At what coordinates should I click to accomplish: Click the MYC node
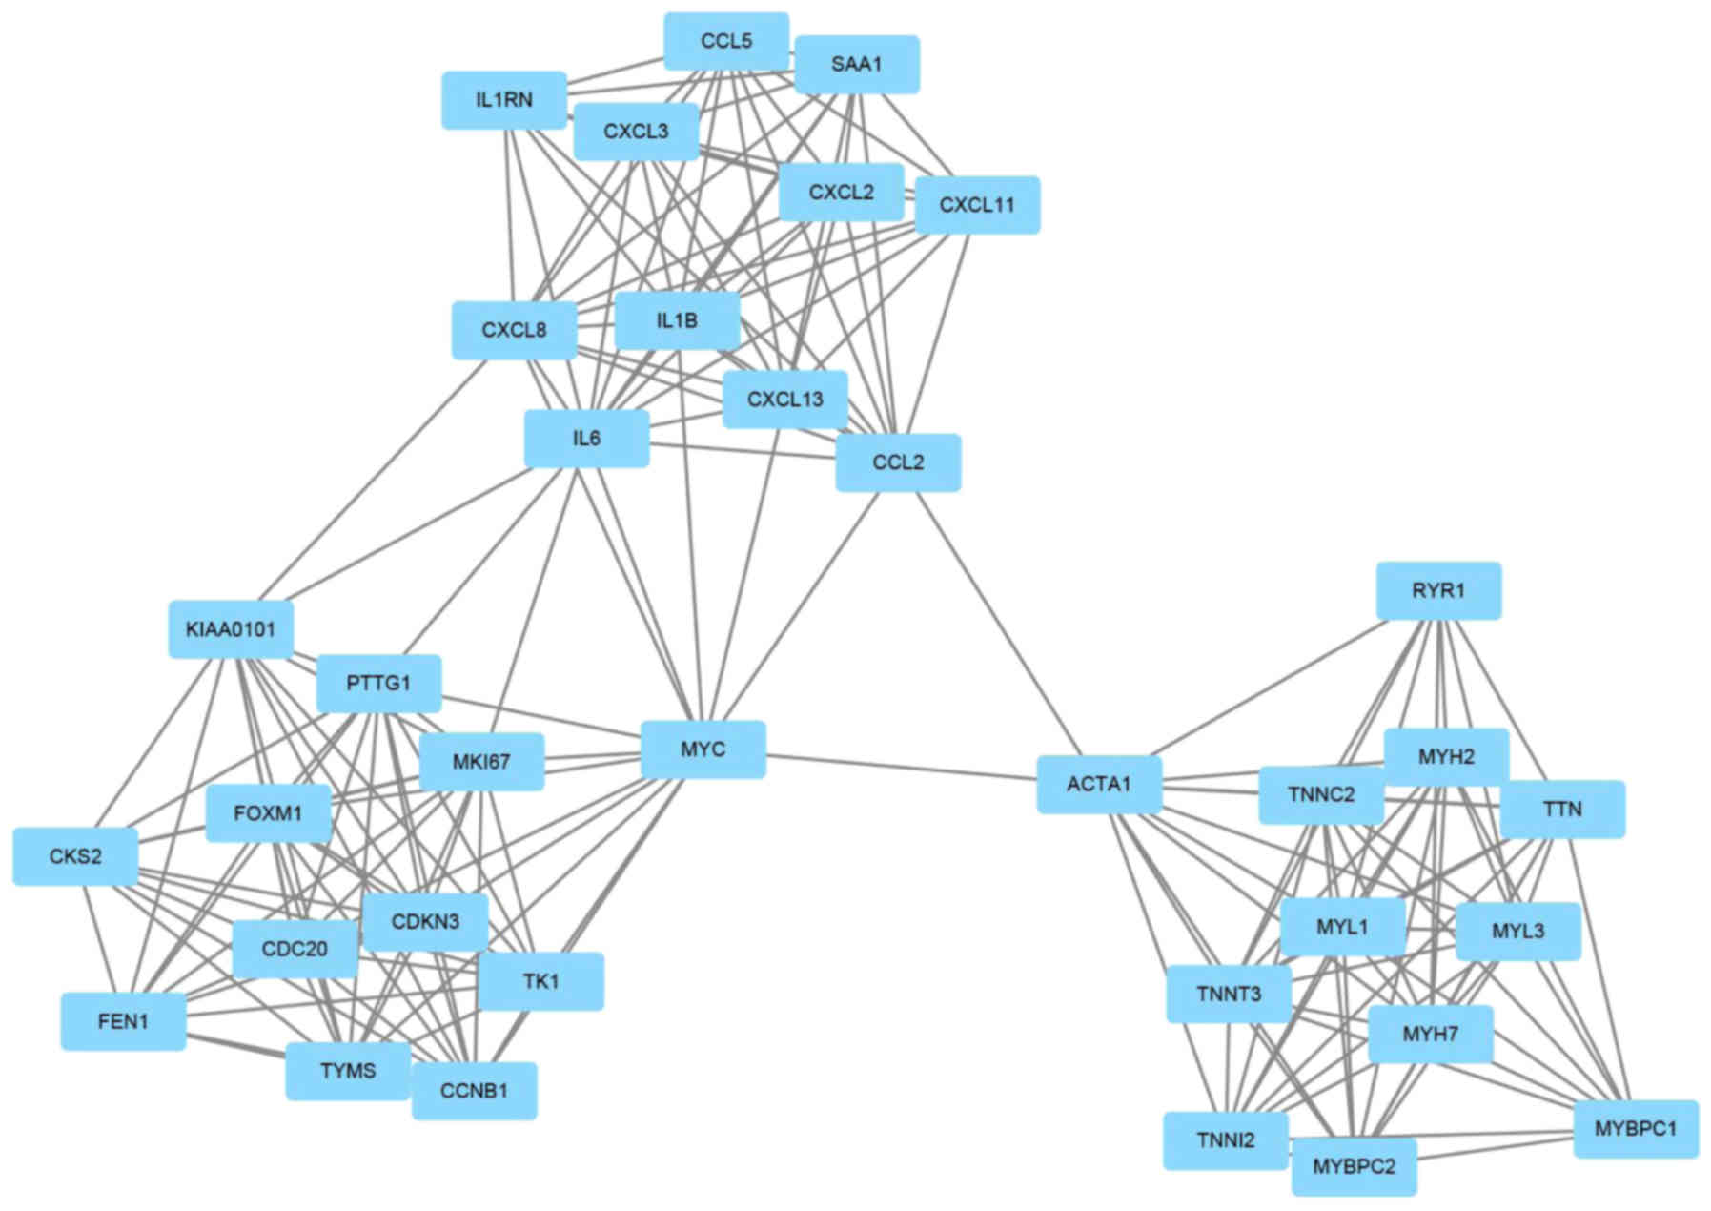tap(703, 749)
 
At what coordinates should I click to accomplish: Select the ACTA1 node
tap(1099, 785)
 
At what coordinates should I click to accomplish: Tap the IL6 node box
tap(586, 439)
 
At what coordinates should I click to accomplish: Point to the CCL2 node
tap(898, 462)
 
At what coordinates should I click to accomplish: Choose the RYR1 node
tap(1438, 591)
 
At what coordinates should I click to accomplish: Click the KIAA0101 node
tap(231, 629)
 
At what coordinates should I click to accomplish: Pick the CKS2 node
tap(75, 856)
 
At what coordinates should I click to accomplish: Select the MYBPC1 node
tap(1635, 1129)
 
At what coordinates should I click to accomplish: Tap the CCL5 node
tap(726, 41)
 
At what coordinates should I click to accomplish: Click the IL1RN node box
tap(504, 100)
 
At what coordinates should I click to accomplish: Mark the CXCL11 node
tap(977, 205)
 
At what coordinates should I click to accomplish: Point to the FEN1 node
tap(123, 1021)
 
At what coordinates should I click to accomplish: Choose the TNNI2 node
tap(1226, 1140)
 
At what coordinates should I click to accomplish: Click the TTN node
tap(1562, 810)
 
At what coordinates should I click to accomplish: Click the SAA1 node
tap(857, 65)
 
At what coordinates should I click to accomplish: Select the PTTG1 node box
tap(378, 684)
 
